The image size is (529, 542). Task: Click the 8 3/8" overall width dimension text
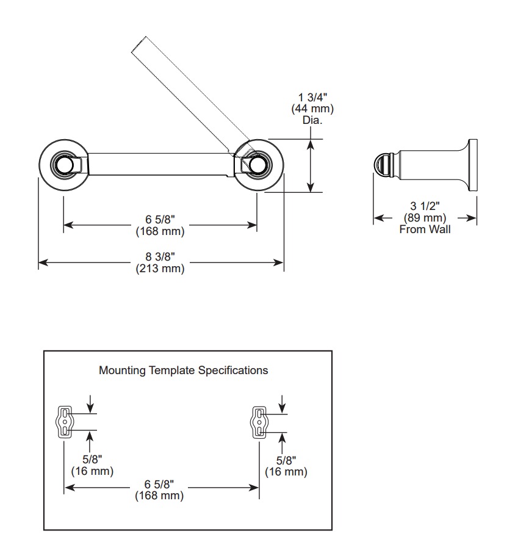pos(160,257)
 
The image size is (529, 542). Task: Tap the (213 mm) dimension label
pos(160,269)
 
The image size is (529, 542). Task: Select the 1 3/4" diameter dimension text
pos(312,98)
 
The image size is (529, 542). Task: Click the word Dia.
pos(312,120)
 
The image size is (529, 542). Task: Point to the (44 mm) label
pos(312,109)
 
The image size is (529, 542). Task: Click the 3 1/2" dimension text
pos(425,206)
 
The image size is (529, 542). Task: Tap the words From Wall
pos(425,229)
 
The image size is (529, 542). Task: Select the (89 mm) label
pos(425,218)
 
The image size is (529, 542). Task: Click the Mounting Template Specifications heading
pos(183,370)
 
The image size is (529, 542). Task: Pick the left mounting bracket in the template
pos(65,422)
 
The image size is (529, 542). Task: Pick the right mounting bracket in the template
pos(259,422)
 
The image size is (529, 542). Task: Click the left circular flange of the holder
pos(42,165)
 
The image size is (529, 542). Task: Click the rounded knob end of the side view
pos(382,165)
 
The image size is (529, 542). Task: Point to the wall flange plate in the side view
pos(473,165)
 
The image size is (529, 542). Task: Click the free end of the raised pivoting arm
pos(139,44)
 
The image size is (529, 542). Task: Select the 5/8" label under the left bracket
pos(92,460)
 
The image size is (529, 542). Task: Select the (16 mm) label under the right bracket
pos(286,472)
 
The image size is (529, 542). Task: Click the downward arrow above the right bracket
pos(282,404)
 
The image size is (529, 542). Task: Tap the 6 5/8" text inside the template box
pos(159,484)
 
